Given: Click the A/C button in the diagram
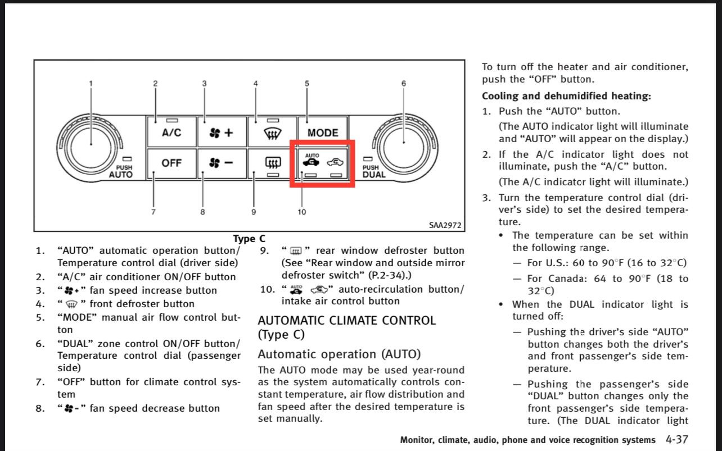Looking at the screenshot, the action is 172,131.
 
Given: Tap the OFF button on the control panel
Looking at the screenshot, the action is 172,163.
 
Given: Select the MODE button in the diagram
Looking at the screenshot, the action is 323,131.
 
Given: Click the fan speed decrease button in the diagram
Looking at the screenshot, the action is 222,163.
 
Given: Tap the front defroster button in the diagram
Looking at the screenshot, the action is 272,131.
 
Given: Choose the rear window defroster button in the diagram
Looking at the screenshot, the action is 272,163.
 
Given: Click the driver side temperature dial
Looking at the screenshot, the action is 91,148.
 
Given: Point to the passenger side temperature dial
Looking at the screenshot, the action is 404,148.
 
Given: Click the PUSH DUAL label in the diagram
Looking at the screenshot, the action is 373,171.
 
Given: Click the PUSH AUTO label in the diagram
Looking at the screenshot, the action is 121,171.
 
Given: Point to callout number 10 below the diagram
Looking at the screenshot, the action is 302,212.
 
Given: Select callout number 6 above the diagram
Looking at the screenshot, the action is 404,83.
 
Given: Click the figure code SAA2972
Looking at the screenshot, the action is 445,225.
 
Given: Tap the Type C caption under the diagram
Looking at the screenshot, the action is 249,239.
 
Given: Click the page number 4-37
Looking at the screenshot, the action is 677,440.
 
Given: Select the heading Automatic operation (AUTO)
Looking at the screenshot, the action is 339,354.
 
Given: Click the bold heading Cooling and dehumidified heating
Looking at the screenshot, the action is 566,96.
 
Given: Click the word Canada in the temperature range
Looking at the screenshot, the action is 566,279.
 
